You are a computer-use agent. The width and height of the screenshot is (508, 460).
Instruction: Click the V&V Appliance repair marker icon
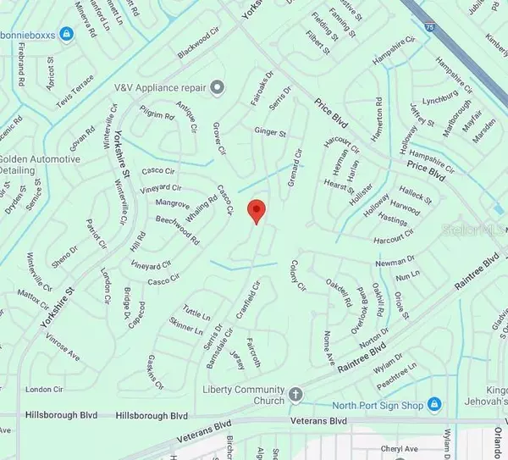[218, 86]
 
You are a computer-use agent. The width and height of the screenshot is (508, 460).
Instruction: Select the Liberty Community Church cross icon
[296, 393]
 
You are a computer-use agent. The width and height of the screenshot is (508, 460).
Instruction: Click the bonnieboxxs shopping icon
[68, 33]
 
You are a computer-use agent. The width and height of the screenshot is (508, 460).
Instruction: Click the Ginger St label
[271, 132]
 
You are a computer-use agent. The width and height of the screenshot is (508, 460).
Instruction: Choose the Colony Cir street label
[298, 274]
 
